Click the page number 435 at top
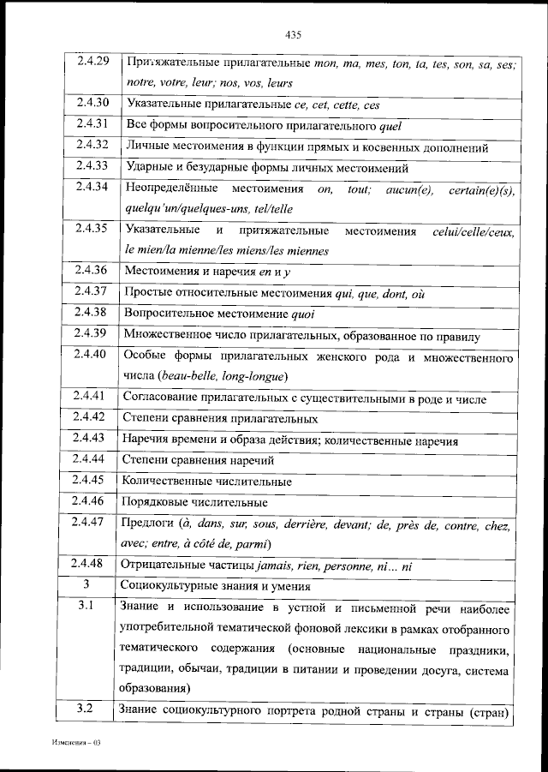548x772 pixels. (x=292, y=35)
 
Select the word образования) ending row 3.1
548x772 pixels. (x=157, y=688)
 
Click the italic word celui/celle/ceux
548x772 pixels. (x=474, y=230)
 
